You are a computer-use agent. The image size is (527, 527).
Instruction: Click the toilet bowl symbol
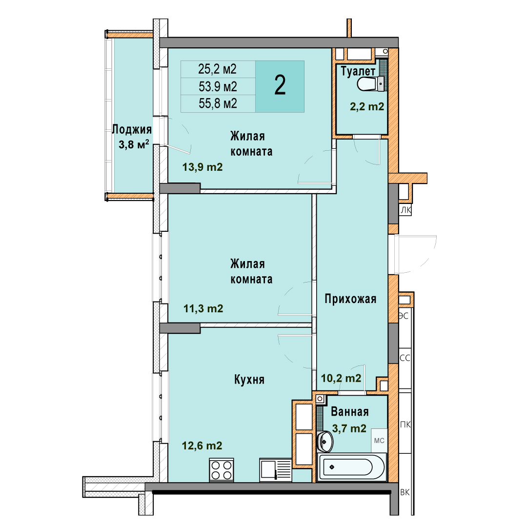point(370,84)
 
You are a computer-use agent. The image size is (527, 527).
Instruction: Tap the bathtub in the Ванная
point(351,467)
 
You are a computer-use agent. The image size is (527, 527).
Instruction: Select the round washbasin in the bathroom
point(324,442)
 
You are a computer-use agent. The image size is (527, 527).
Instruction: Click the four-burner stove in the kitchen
point(222,470)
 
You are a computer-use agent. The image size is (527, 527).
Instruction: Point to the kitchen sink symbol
point(275,470)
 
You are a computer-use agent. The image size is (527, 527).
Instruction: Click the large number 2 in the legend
point(280,85)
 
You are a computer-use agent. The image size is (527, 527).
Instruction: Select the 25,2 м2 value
point(218,69)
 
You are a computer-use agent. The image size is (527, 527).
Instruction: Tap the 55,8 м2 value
point(218,103)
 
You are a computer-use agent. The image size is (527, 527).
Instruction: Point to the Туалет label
point(358,71)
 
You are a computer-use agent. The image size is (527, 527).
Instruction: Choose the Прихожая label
point(350,299)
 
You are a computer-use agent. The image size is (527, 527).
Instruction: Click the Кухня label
point(249,380)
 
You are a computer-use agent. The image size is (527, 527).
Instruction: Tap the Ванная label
point(349,411)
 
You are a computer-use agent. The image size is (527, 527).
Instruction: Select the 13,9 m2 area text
point(203,167)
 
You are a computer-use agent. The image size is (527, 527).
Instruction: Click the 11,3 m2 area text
point(203,308)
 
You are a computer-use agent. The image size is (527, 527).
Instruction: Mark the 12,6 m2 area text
point(202,446)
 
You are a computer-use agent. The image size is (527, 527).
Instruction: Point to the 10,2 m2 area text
point(341,378)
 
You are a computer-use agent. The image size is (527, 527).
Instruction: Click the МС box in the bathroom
point(379,440)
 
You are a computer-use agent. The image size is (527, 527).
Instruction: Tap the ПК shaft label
point(405,425)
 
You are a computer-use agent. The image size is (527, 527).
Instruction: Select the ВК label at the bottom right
point(405,492)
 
